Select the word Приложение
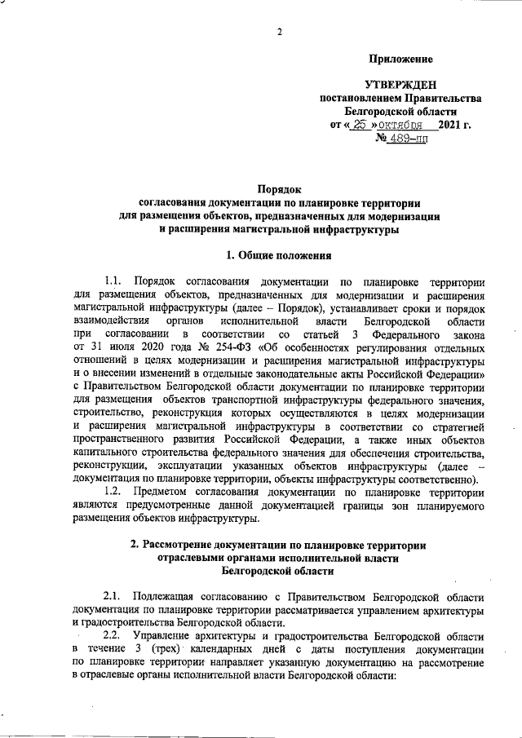click(x=400, y=59)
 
